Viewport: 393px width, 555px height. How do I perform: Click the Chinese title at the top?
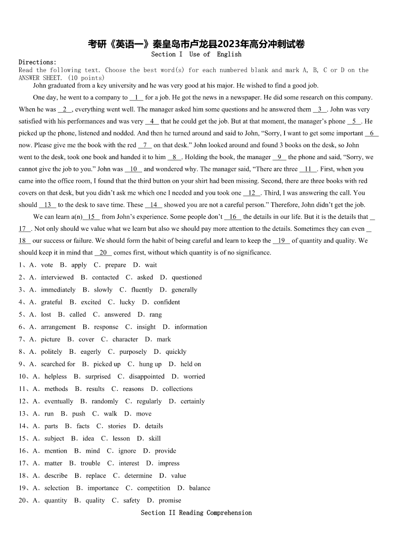[196, 44]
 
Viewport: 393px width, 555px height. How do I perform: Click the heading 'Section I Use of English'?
[196, 54]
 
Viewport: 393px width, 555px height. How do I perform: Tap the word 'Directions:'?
[38, 62]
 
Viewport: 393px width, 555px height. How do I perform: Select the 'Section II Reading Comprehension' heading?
[196, 512]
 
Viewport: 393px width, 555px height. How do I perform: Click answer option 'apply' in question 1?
[79, 265]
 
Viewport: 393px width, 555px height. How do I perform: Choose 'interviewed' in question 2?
[57, 277]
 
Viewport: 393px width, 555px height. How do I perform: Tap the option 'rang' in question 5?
[155, 314]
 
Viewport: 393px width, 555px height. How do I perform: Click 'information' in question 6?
[191, 327]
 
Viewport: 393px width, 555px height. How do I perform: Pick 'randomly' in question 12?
[105, 401]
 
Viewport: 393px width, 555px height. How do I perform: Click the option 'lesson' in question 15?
[121, 438]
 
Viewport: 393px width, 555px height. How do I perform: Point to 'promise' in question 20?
[170, 500]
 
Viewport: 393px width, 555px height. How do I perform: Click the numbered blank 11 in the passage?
[307, 169]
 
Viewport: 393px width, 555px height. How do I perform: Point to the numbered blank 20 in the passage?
[103, 253]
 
